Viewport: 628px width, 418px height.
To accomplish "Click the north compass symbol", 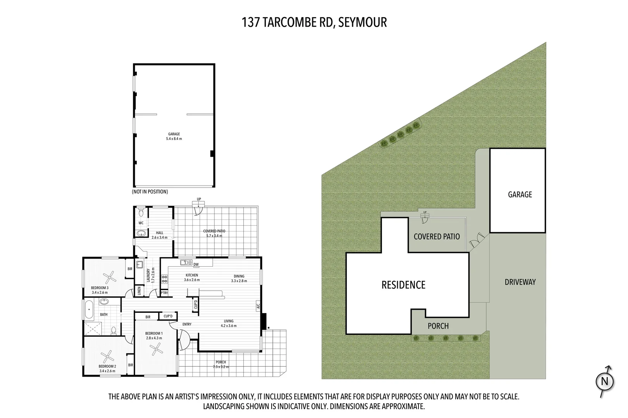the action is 604,381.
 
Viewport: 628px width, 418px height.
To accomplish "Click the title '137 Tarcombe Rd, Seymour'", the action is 314,22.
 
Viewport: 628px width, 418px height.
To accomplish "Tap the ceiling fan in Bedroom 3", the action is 109,277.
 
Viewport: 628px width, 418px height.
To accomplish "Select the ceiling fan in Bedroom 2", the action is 107,356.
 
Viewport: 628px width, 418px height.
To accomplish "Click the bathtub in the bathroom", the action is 89,309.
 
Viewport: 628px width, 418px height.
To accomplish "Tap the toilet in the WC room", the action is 141,212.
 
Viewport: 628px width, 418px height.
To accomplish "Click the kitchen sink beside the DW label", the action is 186,262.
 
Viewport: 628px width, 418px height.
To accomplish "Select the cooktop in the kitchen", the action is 164,279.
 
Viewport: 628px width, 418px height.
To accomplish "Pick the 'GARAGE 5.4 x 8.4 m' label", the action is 174,137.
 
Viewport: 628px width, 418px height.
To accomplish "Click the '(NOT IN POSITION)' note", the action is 150,192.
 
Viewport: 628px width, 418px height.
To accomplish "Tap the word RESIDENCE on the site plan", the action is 403,285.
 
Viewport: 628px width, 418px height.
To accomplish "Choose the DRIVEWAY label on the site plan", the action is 520,282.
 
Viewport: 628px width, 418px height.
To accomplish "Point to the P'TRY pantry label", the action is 164,293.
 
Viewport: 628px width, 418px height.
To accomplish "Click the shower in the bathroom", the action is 93,328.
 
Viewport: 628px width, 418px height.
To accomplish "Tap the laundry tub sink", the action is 139,264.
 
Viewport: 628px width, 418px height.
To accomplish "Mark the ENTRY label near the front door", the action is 187,324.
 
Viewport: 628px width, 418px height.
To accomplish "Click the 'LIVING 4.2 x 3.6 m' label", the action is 229,323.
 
